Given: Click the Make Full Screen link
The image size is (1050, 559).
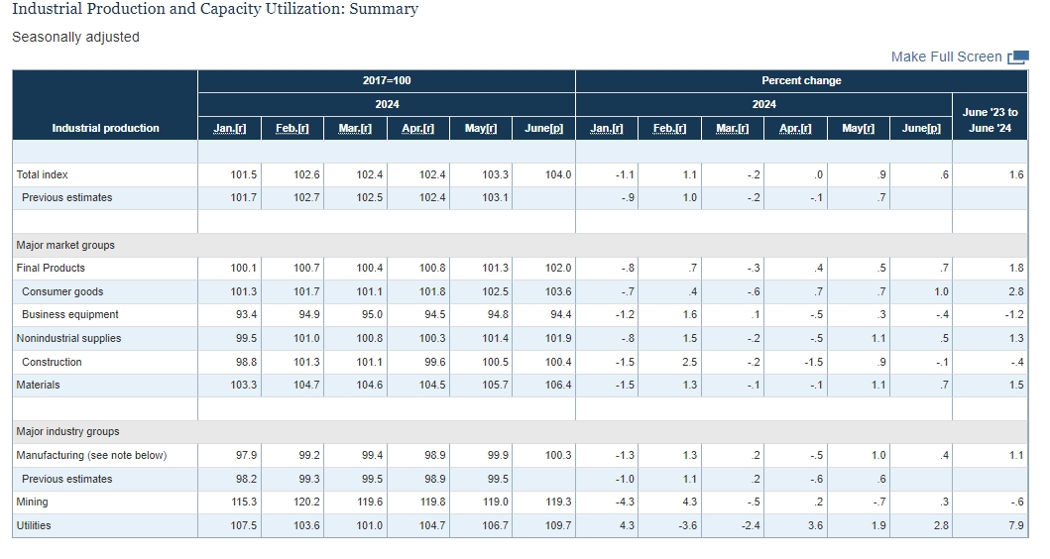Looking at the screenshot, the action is coord(946,56).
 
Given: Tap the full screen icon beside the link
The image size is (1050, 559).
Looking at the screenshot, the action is coord(1018,57).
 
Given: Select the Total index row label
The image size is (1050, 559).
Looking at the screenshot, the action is coord(43,174).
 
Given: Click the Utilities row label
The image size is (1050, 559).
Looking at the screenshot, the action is coord(34,525).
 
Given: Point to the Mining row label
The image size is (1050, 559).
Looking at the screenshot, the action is coord(32,503).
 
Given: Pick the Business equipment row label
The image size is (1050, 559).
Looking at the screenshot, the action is coord(70,314).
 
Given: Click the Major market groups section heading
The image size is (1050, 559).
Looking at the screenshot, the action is coord(65,245).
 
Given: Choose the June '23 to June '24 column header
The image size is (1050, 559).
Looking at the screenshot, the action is coord(990,120).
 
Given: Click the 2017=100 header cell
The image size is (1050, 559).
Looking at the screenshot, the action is coord(387,80).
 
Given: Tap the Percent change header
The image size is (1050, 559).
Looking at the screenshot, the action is coord(801,80).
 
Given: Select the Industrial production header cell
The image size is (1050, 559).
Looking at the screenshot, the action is coord(106,128).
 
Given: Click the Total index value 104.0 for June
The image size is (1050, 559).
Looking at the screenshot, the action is coord(558,174).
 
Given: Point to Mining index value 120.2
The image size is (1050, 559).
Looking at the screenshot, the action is coord(306,503).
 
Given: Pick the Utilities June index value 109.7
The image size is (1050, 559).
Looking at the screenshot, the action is coord(558,525).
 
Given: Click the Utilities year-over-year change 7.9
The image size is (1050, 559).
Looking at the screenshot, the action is coord(1016,525).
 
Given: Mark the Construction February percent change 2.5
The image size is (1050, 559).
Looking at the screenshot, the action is coord(690,362).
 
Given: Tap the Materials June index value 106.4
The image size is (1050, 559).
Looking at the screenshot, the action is coord(558,385).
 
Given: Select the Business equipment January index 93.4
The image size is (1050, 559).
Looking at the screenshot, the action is coord(247,314).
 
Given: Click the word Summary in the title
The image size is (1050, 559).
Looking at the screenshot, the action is coord(384,9).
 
